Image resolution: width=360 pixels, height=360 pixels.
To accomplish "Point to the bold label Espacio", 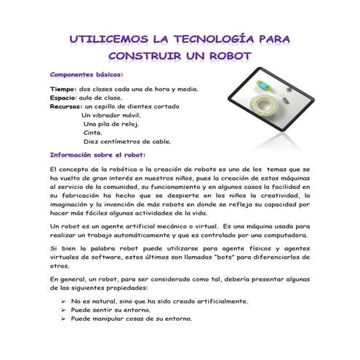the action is point(63,97).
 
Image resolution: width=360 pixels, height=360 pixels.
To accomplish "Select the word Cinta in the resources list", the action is point(93,133).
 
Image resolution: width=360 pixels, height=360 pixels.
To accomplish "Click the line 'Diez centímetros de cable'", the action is point(127,142).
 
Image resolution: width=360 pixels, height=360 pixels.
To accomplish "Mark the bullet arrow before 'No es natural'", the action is point(64,301).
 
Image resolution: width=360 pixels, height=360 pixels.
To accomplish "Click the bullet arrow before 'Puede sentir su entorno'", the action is point(64,310).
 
